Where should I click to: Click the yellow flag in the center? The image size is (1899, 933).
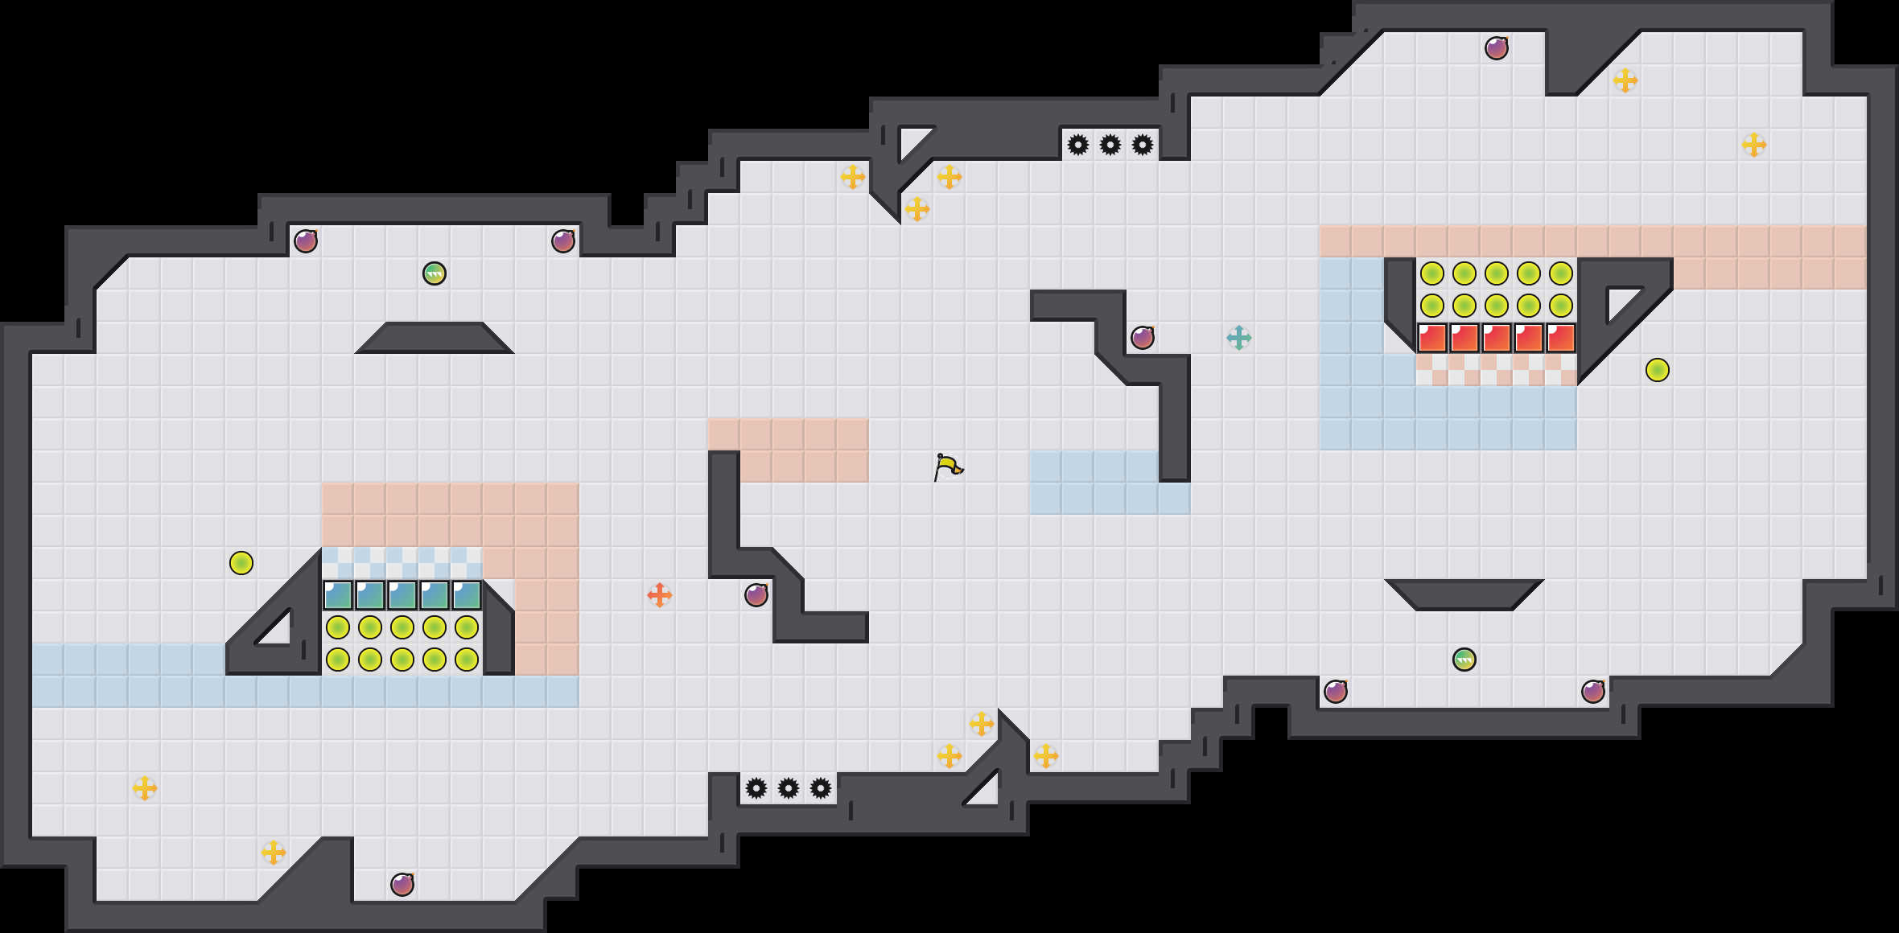pos(948,466)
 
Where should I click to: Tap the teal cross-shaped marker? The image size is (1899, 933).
pos(1239,338)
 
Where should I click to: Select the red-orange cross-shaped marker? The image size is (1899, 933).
pos(660,595)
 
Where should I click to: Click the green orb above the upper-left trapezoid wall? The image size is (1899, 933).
pos(435,273)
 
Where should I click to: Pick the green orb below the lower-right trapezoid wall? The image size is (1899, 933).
pos(1464,660)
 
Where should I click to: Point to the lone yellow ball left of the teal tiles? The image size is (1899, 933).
pos(241,563)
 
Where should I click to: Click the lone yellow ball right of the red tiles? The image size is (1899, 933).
pos(1658,370)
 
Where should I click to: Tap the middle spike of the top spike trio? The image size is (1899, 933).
pos(1110,145)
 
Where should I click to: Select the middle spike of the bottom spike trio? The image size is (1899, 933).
pos(789,788)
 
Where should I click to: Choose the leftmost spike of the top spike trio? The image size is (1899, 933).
pos(1078,145)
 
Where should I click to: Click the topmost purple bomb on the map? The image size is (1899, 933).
pos(1497,48)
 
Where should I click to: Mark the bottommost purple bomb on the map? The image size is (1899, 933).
pos(402,885)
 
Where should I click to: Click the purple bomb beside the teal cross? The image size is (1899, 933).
pos(1143,338)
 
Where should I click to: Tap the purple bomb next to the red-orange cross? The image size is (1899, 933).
pos(756,595)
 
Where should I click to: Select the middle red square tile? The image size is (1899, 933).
pos(1497,338)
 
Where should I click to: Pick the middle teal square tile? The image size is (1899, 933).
pos(402,595)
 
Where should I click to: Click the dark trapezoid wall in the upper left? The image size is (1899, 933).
pos(435,338)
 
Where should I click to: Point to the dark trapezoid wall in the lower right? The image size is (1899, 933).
pos(1464,595)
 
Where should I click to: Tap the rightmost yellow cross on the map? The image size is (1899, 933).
pos(1754,145)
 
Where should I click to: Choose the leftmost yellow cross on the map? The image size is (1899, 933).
pos(145,788)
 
